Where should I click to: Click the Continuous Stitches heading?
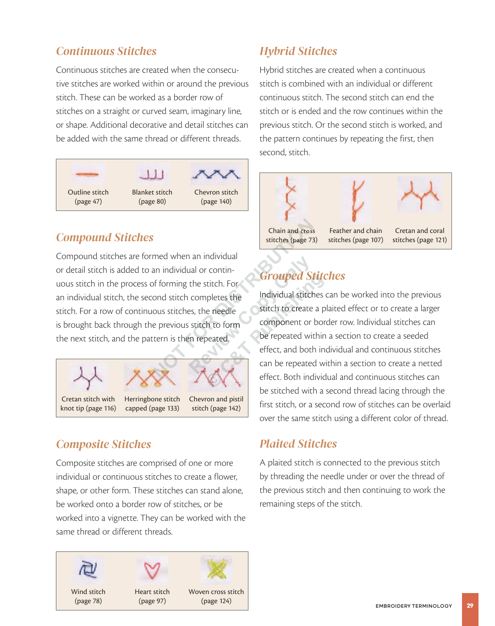[x=106, y=51]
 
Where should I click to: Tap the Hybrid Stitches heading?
[x=298, y=51]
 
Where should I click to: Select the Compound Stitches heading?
[x=105, y=237]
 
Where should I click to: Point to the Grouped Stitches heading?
[x=302, y=276]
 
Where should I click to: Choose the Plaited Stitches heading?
[x=298, y=444]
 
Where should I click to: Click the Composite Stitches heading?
[x=104, y=444]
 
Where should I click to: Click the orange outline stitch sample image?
[x=88, y=174]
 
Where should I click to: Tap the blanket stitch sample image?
[x=152, y=174]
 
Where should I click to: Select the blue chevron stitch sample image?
[x=216, y=174]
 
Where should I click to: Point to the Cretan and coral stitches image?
[x=420, y=194]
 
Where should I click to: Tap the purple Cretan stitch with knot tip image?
[x=88, y=378]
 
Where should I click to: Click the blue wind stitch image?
[x=88, y=570]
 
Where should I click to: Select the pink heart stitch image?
[x=152, y=570]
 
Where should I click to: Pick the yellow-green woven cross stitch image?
[x=216, y=570]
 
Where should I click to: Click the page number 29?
[x=470, y=605]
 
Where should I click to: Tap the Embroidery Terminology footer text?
[x=413, y=606]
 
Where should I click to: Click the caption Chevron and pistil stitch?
[x=216, y=404]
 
